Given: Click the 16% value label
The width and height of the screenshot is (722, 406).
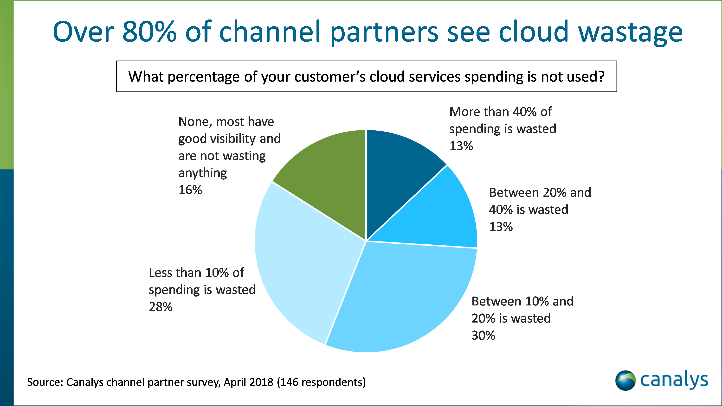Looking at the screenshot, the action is click(x=190, y=190).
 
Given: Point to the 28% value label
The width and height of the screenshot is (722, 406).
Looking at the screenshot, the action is click(x=161, y=307).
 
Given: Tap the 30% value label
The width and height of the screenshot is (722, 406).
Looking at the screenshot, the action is click(x=483, y=335).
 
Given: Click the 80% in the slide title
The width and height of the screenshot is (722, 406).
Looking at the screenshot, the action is click(x=149, y=32).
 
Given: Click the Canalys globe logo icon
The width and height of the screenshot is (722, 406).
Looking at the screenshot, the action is click(x=625, y=381).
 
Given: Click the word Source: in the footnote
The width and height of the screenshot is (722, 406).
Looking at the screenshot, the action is click(x=45, y=382).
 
